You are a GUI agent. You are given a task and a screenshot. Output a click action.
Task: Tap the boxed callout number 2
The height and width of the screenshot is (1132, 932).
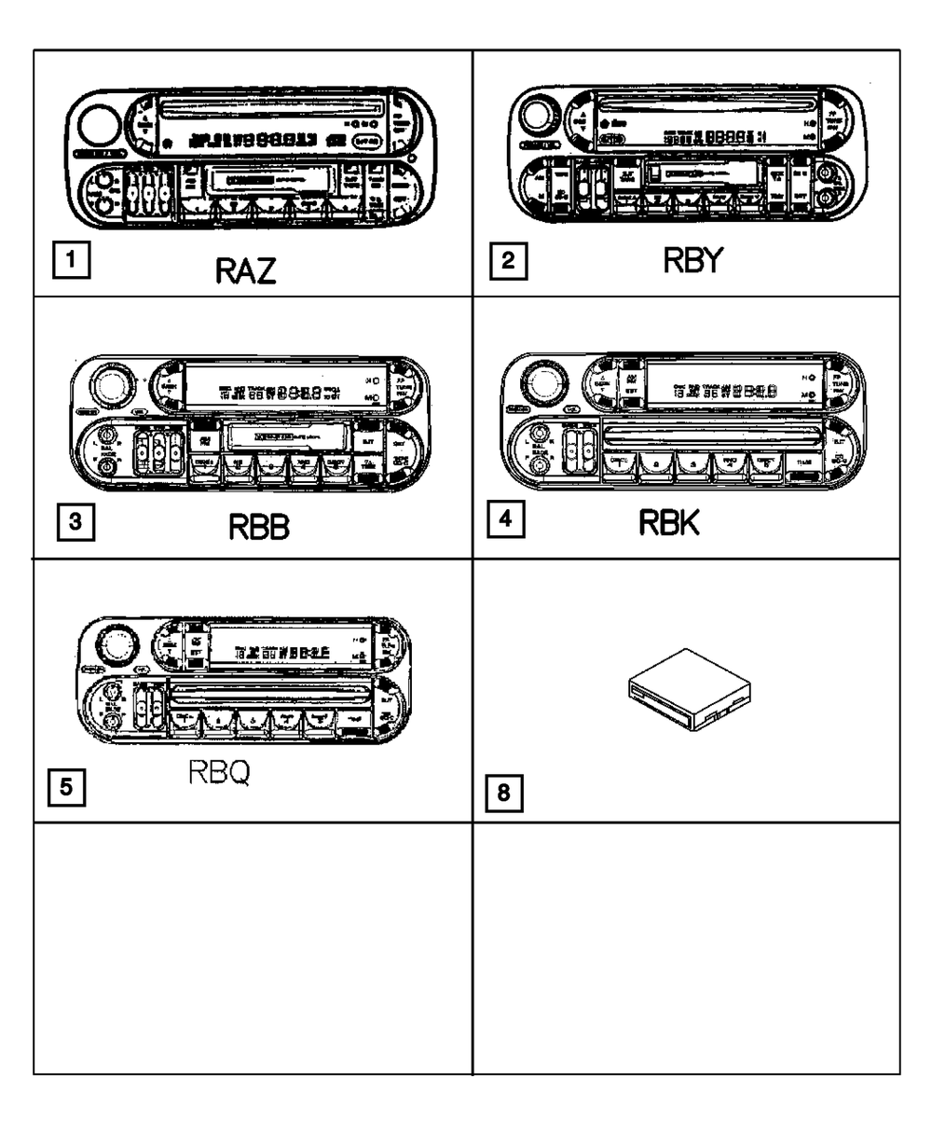coord(507,261)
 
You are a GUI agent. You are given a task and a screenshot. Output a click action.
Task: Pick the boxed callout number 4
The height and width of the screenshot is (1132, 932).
coord(504,518)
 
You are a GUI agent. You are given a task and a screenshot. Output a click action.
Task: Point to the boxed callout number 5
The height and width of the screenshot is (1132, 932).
coord(64,786)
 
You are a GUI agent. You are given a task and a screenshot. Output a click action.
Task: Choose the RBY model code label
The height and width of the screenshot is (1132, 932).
coord(692,262)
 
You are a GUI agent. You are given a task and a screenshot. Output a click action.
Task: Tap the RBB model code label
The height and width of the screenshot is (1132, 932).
coord(259,529)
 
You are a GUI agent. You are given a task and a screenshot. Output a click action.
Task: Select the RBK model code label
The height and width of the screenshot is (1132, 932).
coord(668,524)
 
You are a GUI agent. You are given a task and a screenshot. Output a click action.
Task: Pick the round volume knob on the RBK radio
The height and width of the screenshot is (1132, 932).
coord(541,381)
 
